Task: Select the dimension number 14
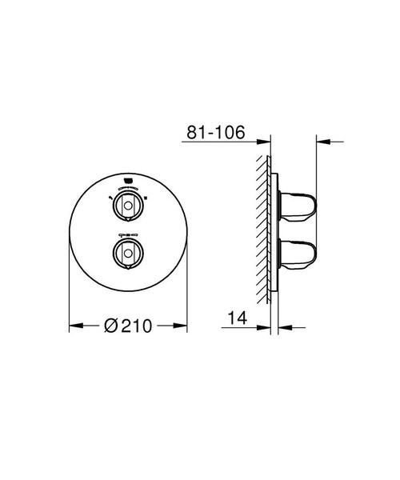pos(238,318)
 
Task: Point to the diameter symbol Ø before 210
pos(112,326)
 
